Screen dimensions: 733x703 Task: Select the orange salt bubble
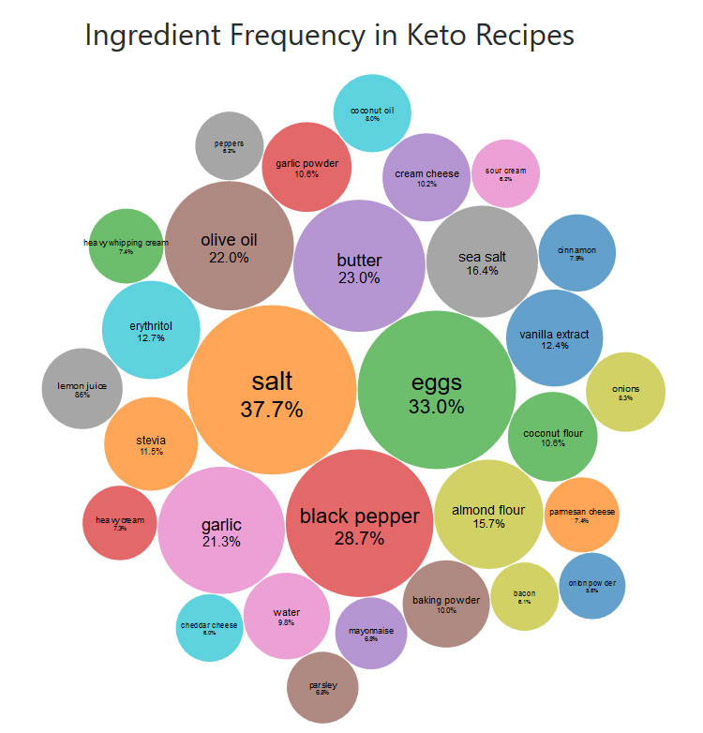(272, 394)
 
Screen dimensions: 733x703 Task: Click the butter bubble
(359, 266)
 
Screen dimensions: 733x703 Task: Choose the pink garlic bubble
(221, 531)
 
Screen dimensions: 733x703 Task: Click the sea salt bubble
(482, 262)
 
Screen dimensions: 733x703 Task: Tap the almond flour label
(488, 510)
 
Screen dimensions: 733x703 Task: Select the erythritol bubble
(151, 330)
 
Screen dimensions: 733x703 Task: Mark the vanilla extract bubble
(554, 339)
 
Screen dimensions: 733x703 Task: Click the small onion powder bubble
(591, 586)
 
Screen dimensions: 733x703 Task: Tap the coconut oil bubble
(372, 113)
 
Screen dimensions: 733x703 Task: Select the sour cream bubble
(505, 173)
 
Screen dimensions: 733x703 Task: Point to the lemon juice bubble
(82, 388)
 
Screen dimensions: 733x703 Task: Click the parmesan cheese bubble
(581, 515)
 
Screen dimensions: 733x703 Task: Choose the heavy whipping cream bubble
(126, 247)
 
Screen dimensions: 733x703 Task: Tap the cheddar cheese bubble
(209, 627)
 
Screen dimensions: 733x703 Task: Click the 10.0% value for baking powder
(446, 610)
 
